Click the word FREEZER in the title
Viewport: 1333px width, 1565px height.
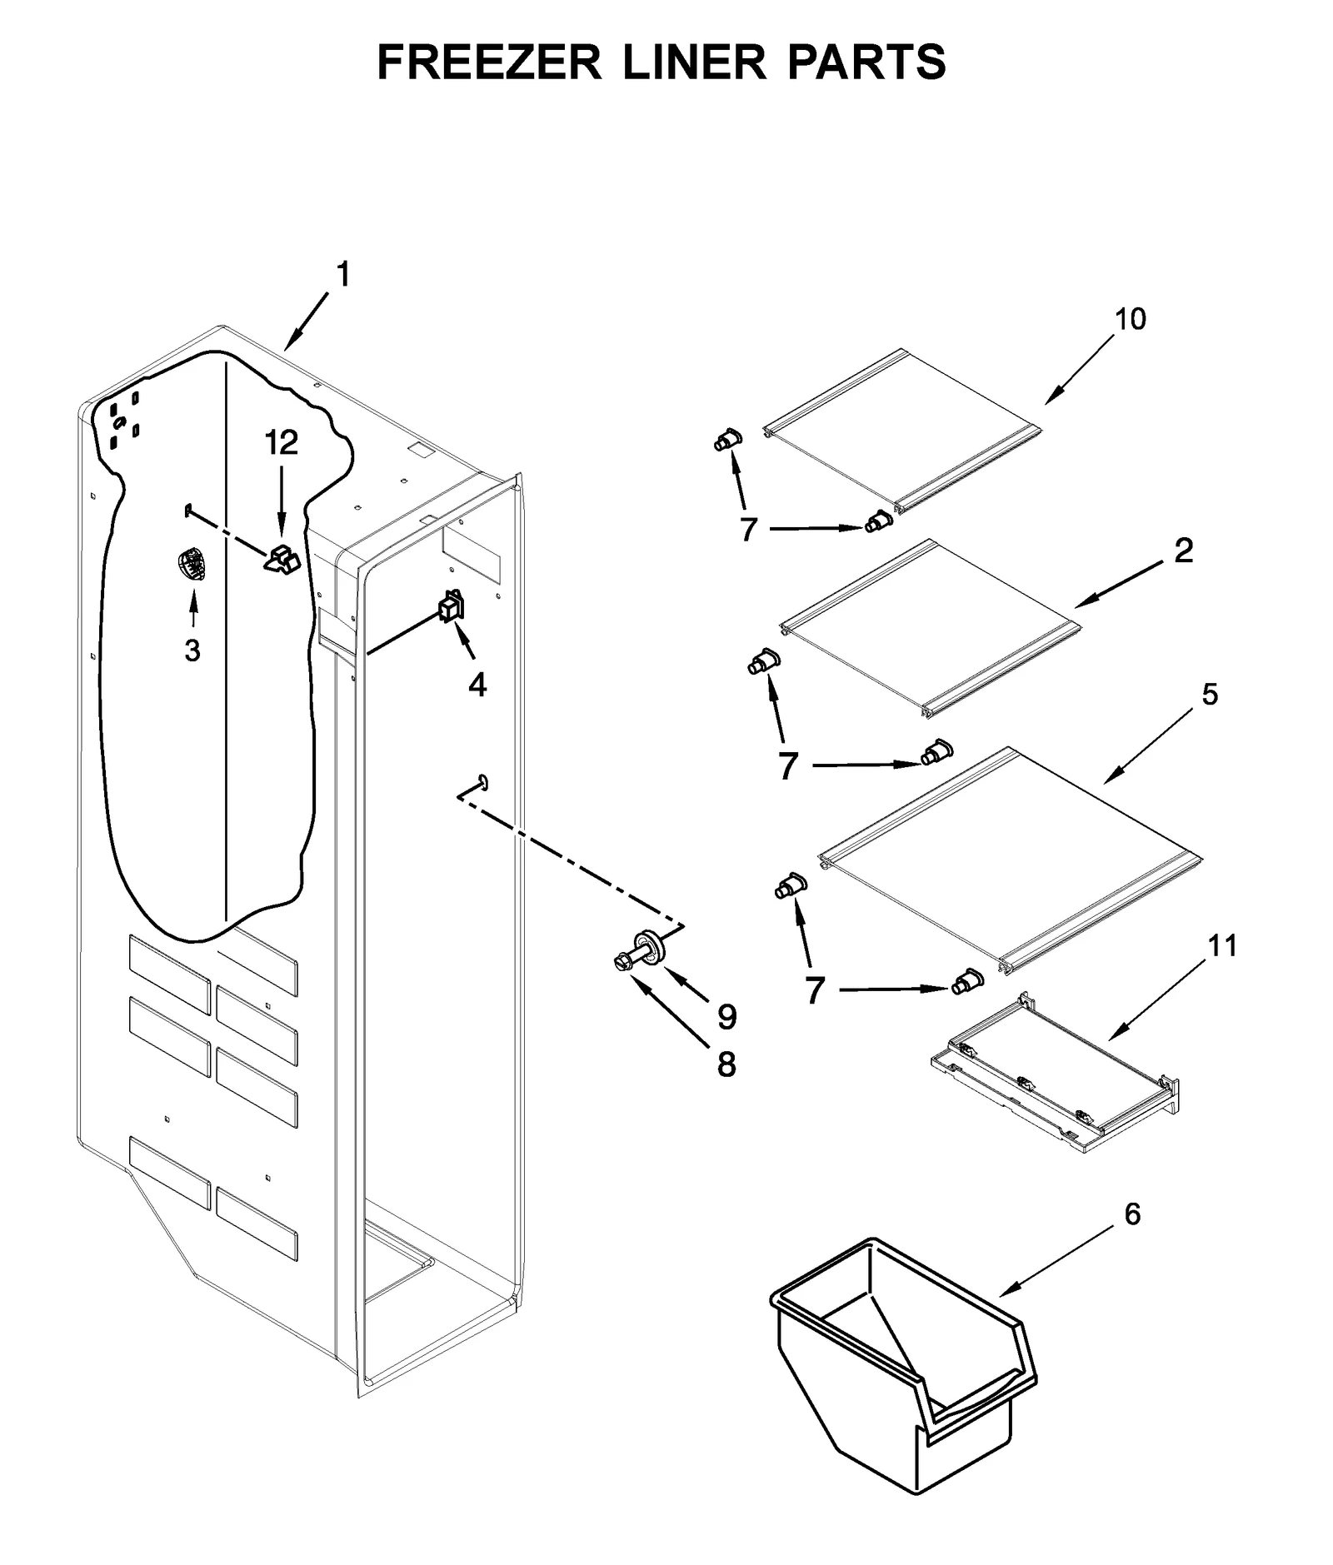[489, 62]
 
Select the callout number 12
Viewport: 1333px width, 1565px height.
[282, 443]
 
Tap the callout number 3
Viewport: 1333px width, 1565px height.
[192, 650]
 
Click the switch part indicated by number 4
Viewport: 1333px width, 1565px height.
[451, 606]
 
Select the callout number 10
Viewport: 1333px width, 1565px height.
[1131, 319]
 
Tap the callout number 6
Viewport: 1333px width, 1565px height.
[1132, 1214]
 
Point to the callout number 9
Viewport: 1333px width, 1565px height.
[727, 1016]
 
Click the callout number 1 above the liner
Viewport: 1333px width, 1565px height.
[343, 274]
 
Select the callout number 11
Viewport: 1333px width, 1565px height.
[1222, 946]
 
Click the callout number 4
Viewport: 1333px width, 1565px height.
[477, 685]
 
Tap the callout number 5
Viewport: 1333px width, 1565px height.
[1210, 694]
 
